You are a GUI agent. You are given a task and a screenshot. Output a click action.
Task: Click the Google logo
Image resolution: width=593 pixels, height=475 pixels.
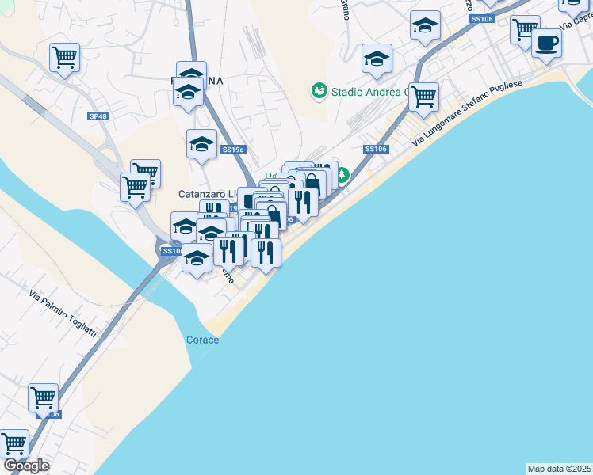[x=25, y=465]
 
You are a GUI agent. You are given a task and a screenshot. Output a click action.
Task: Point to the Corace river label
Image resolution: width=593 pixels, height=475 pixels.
[x=202, y=340]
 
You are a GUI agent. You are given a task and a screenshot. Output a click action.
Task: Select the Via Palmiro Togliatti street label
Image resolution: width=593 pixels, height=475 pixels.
[x=63, y=314]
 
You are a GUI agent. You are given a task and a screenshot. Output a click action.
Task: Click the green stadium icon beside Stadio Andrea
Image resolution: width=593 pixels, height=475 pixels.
[x=319, y=91]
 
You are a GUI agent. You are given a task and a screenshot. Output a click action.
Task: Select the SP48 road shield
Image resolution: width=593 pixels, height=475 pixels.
[x=98, y=116]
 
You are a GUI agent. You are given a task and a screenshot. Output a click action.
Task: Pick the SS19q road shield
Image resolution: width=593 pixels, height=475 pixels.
[x=232, y=150]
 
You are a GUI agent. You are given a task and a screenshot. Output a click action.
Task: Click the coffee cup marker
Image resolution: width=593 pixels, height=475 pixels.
[x=545, y=43]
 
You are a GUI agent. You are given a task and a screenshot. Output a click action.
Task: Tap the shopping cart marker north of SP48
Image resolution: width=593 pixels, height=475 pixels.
[x=64, y=56]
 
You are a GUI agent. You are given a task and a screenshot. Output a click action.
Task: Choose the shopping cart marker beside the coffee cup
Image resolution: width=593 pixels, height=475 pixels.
[x=524, y=29]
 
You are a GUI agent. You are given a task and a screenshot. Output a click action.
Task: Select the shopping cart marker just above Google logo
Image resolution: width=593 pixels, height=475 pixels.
[x=14, y=443]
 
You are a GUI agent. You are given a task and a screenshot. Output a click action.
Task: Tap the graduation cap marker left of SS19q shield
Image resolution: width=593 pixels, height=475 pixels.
[x=201, y=144]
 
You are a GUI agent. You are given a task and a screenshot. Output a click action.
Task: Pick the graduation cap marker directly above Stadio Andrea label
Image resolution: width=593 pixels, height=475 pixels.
[x=377, y=58]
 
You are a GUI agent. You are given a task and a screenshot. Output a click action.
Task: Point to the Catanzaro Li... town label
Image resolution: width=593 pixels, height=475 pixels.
[x=208, y=194]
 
